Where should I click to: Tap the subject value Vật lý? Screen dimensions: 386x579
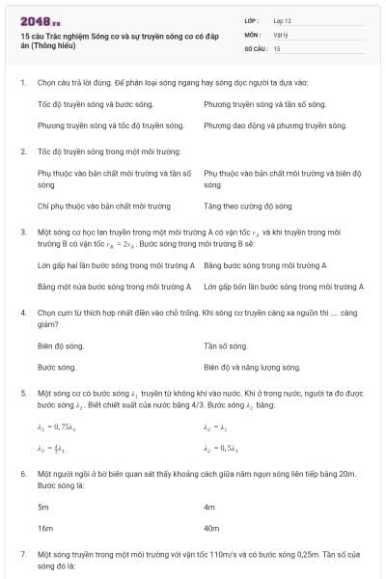[280, 33]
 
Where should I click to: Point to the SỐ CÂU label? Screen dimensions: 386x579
[255, 47]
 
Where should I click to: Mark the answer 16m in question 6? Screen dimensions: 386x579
[44, 529]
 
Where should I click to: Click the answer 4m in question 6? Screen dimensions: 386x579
[209, 506]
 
